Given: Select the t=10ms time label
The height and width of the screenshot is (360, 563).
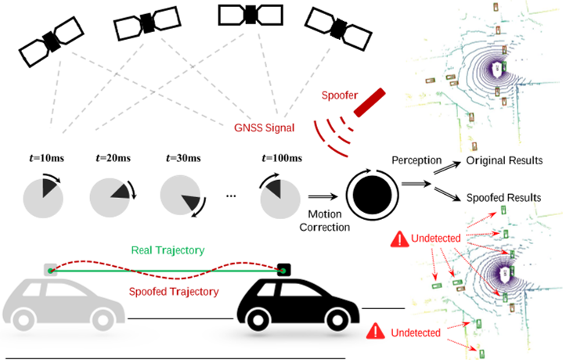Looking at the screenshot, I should pyautogui.click(x=43, y=159).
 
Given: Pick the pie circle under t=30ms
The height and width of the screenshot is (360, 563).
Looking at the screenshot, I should pyautogui.click(x=180, y=196).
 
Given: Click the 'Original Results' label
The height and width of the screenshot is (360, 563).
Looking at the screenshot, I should pyautogui.click(x=504, y=161).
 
